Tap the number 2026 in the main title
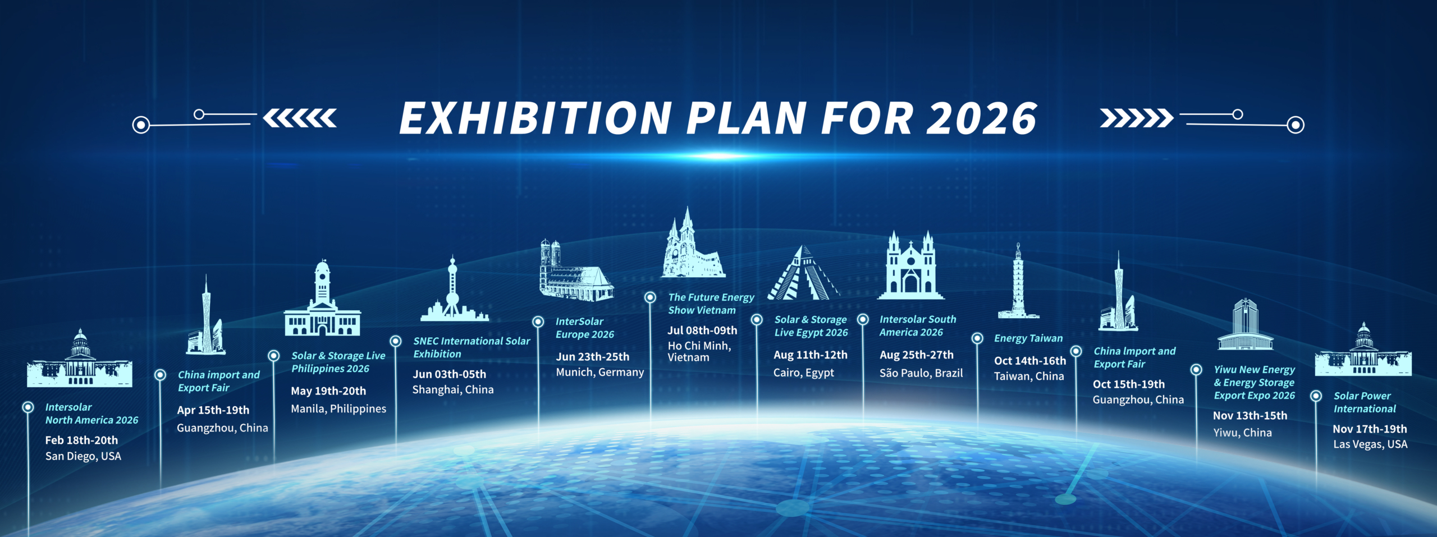(x=981, y=118)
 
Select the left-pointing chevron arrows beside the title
(x=300, y=118)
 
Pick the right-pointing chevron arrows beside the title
(x=1136, y=118)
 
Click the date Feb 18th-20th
(x=81, y=440)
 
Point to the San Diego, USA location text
(x=83, y=456)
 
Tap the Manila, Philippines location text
(x=338, y=409)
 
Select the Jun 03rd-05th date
(x=449, y=374)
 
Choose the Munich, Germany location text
(x=599, y=372)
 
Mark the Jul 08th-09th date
(x=702, y=331)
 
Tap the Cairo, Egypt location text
(x=804, y=373)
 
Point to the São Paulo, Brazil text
(x=921, y=373)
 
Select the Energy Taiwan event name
(x=1028, y=338)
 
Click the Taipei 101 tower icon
(x=1018, y=281)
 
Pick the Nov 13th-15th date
(x=1250, y=416)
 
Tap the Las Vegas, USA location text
(x=1370, y=444)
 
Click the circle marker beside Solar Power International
(x=1316, y=396)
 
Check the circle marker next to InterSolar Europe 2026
(x=538, y=322)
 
